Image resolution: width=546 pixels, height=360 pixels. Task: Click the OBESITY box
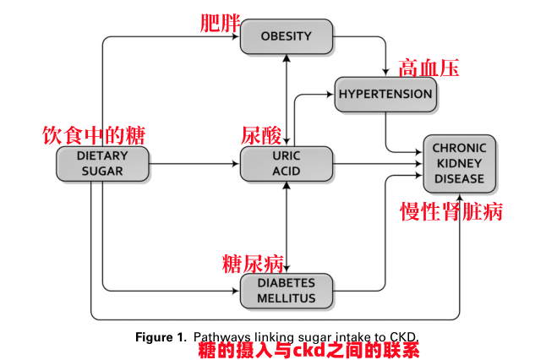pyautogui.click(x=287, y=36)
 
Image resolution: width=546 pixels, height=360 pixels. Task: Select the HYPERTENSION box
pyautogui.click(x=385, y=94)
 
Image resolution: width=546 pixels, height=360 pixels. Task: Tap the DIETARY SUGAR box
pyautogui.click(x=102, y=163)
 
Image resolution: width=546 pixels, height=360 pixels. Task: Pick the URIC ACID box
pyautogui.click(x=287, y=163)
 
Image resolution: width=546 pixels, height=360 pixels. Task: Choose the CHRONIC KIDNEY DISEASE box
pyautogui.click(x=459, y=163)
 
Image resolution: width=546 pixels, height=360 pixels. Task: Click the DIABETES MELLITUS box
pyautogui.click(x=287, y=290)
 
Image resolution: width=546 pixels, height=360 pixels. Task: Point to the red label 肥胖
pyautogui.click(x=220, y=23)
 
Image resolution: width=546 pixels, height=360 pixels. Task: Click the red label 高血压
pyautogui.click(x=429, y=68)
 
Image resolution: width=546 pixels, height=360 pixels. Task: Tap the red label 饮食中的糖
pyautogui.click(x=94, y=135)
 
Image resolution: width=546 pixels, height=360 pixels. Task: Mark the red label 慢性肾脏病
pyautogui.click(x=450, y=211)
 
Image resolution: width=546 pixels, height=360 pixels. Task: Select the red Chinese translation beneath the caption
pyautogui.click(x=308, y=349)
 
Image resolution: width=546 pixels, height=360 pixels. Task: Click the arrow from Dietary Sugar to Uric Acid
pyautogui.click(x=194, y=163)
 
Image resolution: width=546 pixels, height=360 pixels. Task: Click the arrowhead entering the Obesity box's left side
pyautogui.click(x=236, y=36)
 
